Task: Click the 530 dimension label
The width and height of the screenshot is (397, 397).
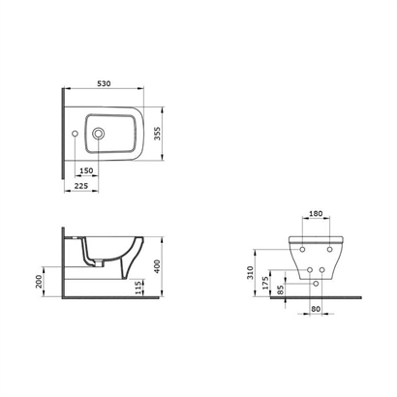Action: tap(104, 83)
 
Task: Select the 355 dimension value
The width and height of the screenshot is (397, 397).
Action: tap(157, 134)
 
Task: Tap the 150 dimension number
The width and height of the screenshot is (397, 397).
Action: tap(86, 170)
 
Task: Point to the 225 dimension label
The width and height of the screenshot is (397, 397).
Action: tap(81, 186)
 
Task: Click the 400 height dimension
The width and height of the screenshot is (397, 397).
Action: tap(157, 266)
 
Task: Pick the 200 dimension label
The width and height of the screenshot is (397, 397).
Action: tap(39, 281)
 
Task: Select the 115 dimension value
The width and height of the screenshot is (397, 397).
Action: tap(138, 288)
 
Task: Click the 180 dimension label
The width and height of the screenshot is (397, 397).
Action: tap(316, 214)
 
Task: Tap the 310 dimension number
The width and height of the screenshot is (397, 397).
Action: tap(251, 273)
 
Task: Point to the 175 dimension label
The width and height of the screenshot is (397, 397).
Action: tap(265, 283)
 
